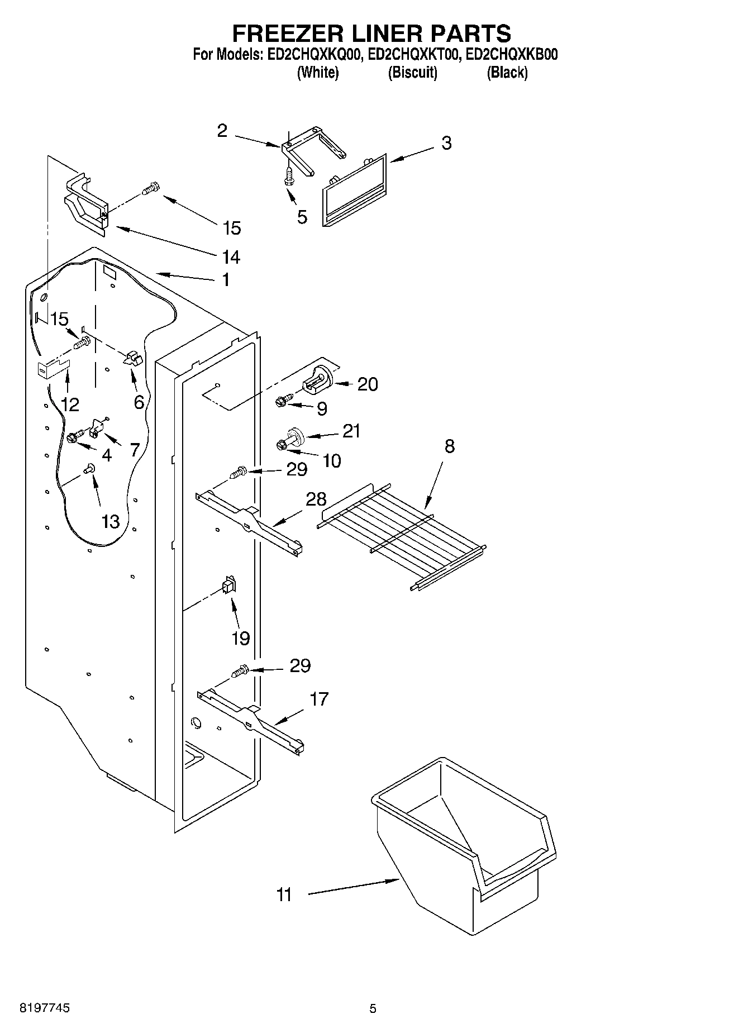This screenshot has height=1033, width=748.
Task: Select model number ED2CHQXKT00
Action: point(414,55)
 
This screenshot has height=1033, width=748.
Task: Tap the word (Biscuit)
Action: point(412,72)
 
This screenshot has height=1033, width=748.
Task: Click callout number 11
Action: point(284,895)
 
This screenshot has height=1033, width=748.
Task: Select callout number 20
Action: point(368,384)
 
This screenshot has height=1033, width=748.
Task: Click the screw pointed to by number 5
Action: point(289,177)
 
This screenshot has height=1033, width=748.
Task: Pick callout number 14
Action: point(231,257)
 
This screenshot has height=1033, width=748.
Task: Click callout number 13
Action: point(110,521)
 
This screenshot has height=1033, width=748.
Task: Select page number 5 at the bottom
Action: point(373,1008)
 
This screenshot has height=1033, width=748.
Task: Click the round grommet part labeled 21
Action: point(294,435)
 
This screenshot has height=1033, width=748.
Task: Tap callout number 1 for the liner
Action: point(225,279)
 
